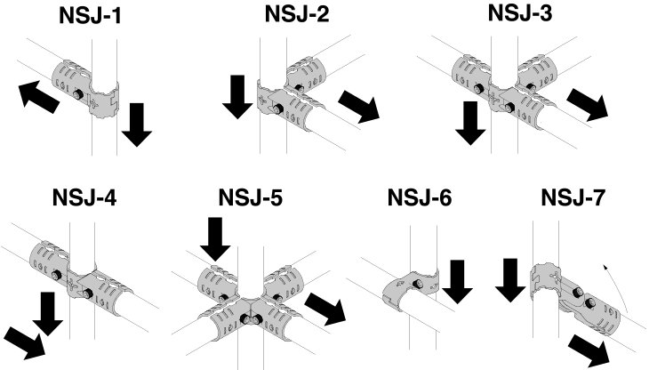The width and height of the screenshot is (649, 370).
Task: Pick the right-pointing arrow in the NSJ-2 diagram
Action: pyautogui.click(x=359, y=108)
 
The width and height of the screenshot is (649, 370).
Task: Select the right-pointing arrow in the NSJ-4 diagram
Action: pyautogui.click(x=23, y=342)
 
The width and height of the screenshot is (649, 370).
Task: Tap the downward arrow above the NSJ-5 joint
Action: pyautogui.click(x=214, y=239)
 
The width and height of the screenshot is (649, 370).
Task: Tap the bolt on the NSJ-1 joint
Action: pyautogui.click(x=77, y=95)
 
